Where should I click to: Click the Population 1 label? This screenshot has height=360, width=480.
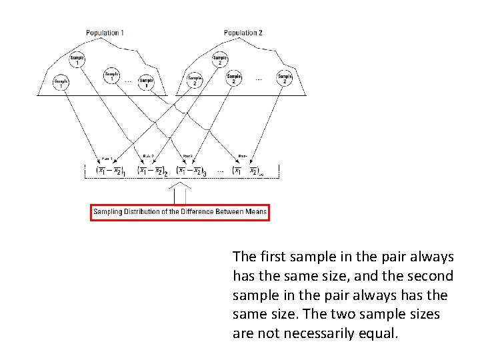[x=104, y=33]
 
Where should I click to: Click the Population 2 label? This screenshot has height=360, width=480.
[x=243, y=33]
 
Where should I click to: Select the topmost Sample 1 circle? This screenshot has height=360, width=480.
[x=78, y=61]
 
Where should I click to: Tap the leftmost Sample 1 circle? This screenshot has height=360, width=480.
[x=61, y=83]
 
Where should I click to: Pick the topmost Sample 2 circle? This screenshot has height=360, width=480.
[x=219, y=61]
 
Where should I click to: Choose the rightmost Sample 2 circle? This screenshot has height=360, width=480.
[x=285, y=79]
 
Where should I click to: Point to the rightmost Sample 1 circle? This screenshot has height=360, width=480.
[x=146, y=83]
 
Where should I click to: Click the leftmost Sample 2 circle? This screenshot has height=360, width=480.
[x=195, y=81]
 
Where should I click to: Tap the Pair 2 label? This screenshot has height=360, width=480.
[x=148, y=157]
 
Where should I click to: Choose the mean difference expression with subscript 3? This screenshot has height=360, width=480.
[x=192, y=171]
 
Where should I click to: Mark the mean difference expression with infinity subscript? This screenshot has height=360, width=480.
[x=247, y=171]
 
